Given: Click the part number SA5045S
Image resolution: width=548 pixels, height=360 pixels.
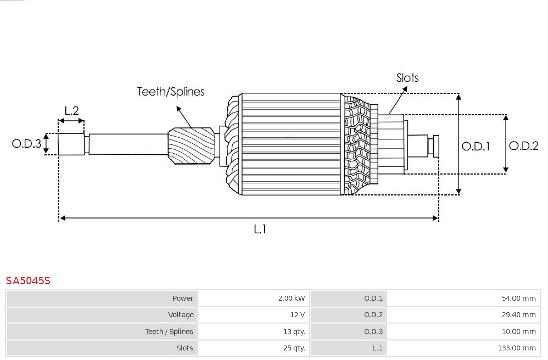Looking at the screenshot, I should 28,281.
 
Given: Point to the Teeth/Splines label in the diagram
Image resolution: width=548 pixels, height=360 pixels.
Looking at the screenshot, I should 170,92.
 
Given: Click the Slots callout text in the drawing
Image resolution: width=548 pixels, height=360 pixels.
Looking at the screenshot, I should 407,78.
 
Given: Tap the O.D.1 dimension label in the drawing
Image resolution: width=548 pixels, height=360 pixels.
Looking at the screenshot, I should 475,147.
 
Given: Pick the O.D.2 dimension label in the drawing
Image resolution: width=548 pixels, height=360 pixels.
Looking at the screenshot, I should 524,146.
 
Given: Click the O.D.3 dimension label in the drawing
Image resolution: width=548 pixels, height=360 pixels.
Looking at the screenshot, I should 26,144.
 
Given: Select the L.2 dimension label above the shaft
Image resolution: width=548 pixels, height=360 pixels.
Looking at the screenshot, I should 72,111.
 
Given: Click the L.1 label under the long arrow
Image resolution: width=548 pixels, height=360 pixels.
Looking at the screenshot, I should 260,230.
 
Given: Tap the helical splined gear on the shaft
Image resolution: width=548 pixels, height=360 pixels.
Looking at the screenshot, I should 191,146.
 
